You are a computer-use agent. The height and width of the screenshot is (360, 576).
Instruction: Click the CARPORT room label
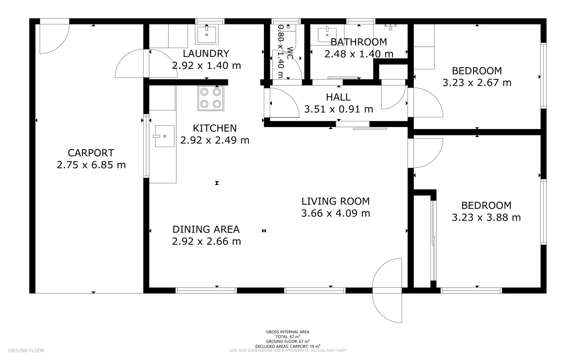(91, 153)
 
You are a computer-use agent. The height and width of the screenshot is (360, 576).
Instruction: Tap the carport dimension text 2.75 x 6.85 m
(91, 165)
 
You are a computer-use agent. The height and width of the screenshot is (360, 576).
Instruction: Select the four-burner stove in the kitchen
(211, 98)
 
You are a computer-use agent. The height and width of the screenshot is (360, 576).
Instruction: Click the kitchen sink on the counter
(164, 136)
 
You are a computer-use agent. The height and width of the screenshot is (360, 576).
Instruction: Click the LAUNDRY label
(206, 54)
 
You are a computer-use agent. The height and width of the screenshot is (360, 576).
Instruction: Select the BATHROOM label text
(358, 42)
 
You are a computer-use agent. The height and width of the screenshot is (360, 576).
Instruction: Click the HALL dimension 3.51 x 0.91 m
(338, 109)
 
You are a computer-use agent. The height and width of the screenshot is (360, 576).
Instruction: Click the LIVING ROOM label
(335, 201)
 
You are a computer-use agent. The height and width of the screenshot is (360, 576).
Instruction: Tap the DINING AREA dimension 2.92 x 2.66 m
(206, 241)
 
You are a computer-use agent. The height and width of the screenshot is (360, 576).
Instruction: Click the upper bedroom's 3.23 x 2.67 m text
(477, 83)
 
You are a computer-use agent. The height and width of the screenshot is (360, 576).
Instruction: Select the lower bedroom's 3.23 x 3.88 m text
(486, 218)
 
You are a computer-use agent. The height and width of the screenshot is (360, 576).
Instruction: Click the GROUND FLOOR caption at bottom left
(26, 350)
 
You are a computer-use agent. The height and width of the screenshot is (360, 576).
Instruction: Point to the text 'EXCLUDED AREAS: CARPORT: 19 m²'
(288, 346)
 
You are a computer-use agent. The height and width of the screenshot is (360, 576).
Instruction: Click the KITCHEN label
(215, 128)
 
